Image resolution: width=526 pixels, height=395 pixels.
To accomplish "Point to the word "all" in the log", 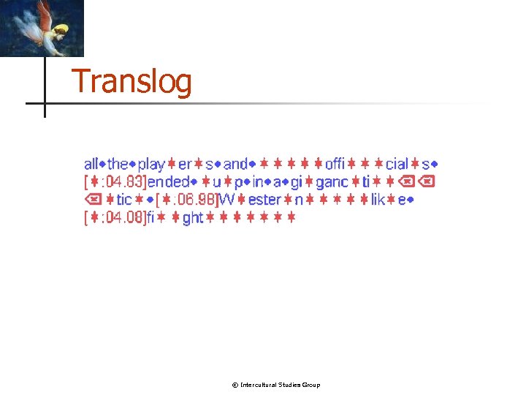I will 91,165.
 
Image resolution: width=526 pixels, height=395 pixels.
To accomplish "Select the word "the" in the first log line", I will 118,165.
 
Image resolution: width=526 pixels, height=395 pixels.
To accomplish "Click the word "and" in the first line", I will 235,165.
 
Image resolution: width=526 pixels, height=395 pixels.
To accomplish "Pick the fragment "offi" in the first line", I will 335,165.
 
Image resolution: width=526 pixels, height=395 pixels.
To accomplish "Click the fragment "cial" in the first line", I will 397,165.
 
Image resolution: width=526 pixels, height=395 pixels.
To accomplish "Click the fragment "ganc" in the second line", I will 331,182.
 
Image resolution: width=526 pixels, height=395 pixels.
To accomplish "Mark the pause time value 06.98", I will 197,200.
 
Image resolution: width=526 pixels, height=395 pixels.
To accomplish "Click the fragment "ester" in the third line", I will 264,200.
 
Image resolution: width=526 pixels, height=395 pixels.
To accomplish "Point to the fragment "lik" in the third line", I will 378,200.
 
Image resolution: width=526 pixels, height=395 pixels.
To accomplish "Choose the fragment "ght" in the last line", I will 192,217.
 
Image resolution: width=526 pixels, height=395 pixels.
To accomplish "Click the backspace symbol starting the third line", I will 91,200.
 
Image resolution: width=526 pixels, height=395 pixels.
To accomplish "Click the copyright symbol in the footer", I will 235,385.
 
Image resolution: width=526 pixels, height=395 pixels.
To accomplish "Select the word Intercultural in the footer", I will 259,385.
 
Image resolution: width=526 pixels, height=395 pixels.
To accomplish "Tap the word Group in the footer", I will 311,385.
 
